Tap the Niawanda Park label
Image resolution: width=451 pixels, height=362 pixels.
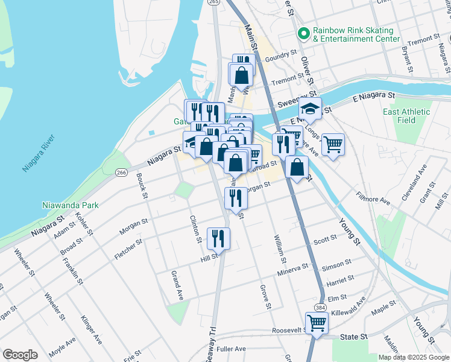pyautogui.click(x=71, y=205)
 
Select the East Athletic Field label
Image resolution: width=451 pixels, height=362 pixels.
pyautogui.click(x=406, y=116)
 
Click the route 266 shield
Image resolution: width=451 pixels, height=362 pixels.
pyautogui.click(x=121, y=172)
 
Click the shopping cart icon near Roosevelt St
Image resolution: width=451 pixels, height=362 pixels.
pyautogui.click(x=317, y=323)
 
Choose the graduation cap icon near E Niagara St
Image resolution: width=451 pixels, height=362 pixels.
pyautogui.click(x=310, y=110)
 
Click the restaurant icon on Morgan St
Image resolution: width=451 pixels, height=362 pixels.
pyautogui.click(x=235, y=197)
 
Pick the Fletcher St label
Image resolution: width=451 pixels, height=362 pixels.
pyautogui.click(x=128, y=248)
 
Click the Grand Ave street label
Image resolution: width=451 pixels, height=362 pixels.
pyautogui.click(x=176, y=286)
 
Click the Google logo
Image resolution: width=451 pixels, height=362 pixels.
pyautogui.click(x=20, y=355)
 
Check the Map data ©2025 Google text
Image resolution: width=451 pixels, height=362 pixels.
pyautogui.click(x=413, y=357)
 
